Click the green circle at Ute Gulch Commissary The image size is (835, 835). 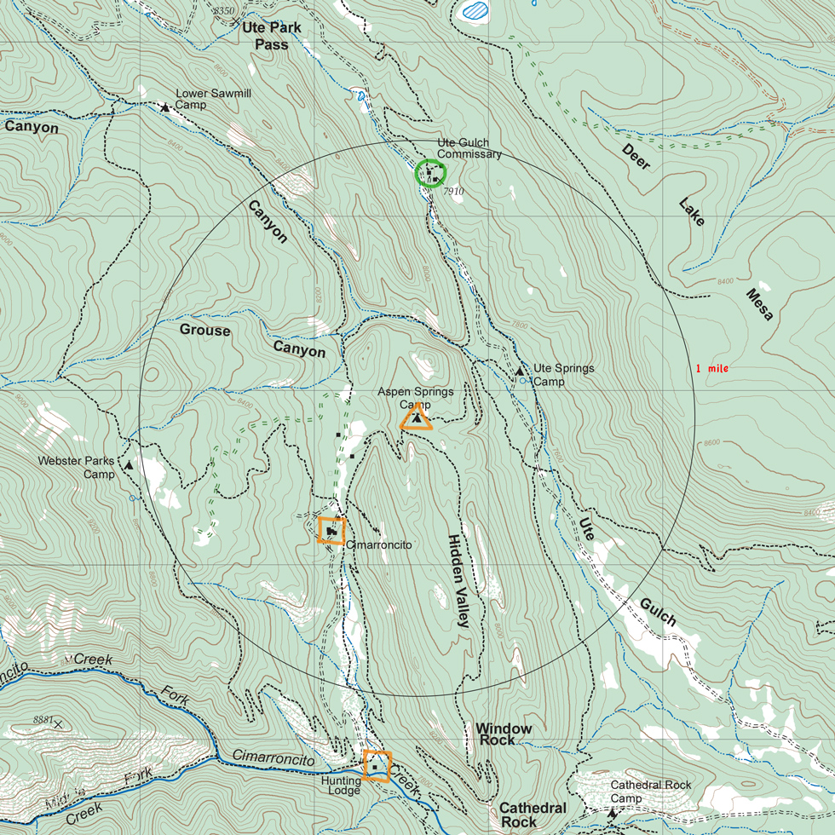point(430,174)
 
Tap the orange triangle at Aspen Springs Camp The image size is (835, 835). point(416,417)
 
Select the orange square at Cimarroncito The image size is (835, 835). point(331,531)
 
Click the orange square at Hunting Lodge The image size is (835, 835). point(377,766)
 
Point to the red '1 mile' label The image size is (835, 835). point(711,369)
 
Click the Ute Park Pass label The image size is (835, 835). point(272,36)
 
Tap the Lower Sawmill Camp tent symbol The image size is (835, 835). point(164,107)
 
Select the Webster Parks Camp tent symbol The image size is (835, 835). point(129,466)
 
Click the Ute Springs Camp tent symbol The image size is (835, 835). point(520,371)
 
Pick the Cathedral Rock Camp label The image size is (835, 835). point(650,792)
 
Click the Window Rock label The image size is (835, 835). point(504,734)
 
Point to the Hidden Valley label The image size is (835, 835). point(458,581)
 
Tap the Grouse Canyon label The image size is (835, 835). point(252,340)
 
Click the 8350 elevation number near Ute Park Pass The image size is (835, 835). point(223,10)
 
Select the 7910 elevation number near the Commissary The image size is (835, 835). point(453,192)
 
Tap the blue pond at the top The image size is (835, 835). point(475,11)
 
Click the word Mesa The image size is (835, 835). point(759,304)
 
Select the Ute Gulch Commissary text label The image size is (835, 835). point(469,148)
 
